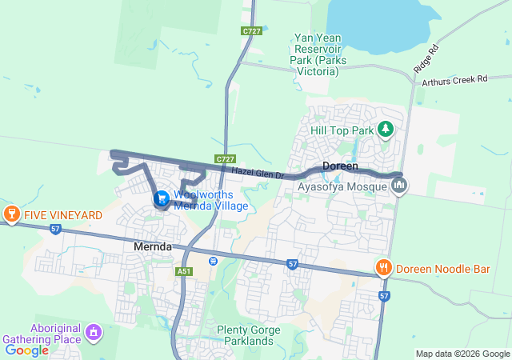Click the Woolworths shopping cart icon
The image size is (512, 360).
[162, 198]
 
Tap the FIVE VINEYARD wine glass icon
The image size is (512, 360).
[11, 214]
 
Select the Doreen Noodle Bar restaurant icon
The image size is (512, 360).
[384, 268]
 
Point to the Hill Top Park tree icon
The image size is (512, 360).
[386, 129]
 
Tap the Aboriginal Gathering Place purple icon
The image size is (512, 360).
[94, 330]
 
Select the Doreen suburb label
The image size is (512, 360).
[340, 166]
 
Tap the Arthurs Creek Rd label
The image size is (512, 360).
[454, 79]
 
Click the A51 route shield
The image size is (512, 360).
[185, 271]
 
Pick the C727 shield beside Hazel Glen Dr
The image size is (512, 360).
[224, 160]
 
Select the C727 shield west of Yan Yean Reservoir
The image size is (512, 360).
[252, 31]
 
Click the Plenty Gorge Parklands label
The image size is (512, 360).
[250, 335]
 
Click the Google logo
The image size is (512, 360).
[26, 350]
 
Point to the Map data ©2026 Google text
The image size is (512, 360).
[462, 354]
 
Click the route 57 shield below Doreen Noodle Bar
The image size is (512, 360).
[385, 296]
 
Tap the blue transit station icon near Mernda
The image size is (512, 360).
[213, 260]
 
